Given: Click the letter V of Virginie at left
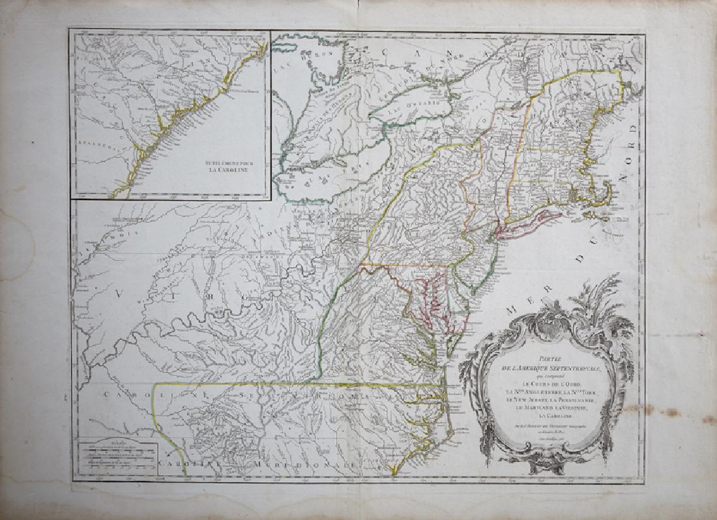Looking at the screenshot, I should click(118, 293).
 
